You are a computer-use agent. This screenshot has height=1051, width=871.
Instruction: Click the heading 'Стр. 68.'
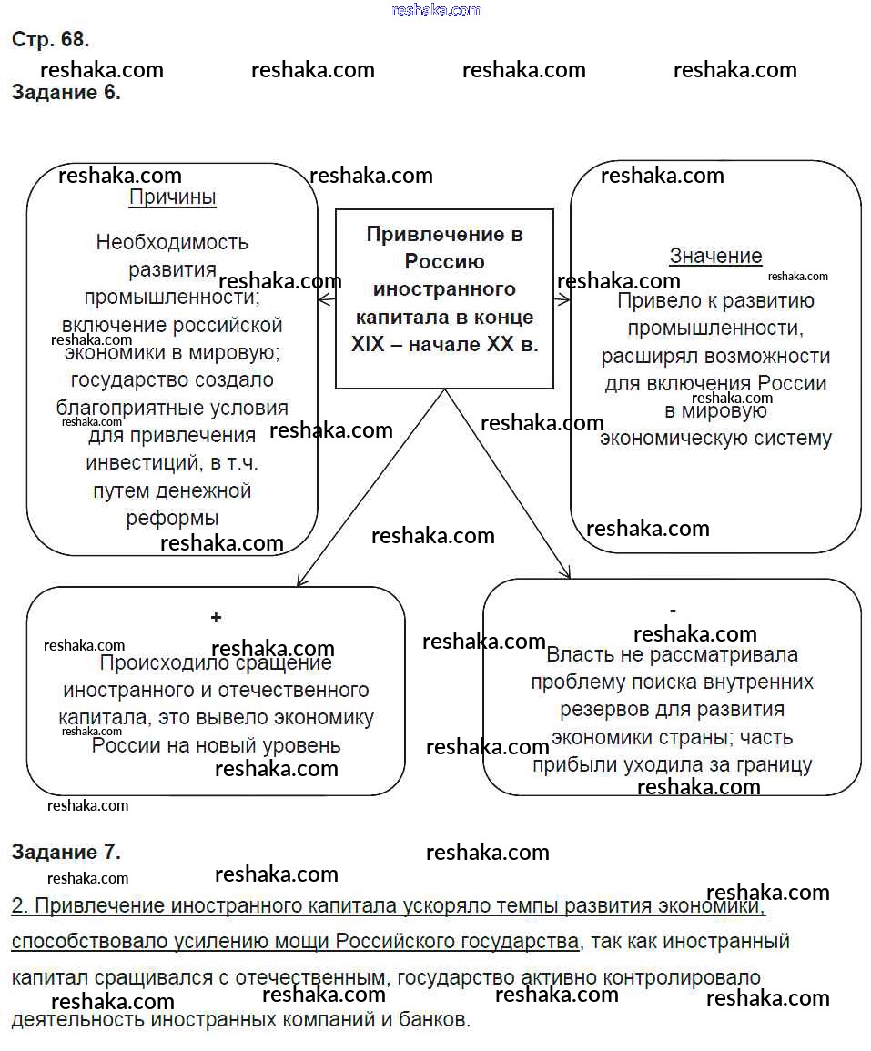(x=50, y=40)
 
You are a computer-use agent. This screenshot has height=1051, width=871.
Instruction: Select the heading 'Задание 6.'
(x=66, y=92)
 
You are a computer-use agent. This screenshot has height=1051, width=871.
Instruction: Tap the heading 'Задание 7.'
(x=66, y=853)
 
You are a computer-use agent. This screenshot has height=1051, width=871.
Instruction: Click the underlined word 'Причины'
(x=172, y=197)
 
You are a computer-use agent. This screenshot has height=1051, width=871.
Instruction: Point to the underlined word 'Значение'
(x=715, y=257)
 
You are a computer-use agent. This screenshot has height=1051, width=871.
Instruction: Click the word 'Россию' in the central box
(x=444, y=262)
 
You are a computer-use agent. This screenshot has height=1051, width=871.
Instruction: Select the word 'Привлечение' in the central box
(x=444, y=235)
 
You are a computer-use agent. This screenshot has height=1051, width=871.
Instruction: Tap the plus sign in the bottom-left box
(x=216, y=618)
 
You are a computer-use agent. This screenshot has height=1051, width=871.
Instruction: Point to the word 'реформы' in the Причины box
(x=172, y=519)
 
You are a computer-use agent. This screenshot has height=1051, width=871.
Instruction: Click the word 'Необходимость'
(x=172, y=243)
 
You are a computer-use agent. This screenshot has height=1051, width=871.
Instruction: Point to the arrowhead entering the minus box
(x=566, y=573)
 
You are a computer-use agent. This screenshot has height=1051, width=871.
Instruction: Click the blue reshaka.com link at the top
(x=436, y=10)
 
